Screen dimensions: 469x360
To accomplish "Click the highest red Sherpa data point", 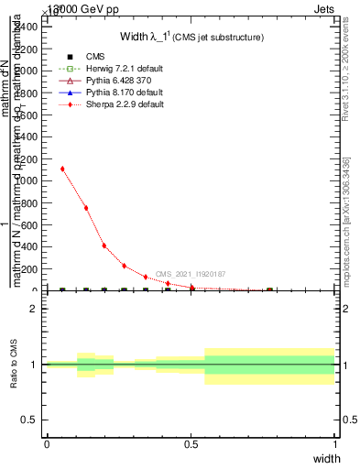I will pos(62,169).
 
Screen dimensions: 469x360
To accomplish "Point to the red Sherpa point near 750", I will pos(86,208).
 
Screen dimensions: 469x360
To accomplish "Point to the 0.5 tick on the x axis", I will pos(191,444).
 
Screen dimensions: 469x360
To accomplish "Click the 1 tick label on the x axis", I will pos(335,444).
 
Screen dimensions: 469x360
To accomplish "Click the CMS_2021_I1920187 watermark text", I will pos(191,274).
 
